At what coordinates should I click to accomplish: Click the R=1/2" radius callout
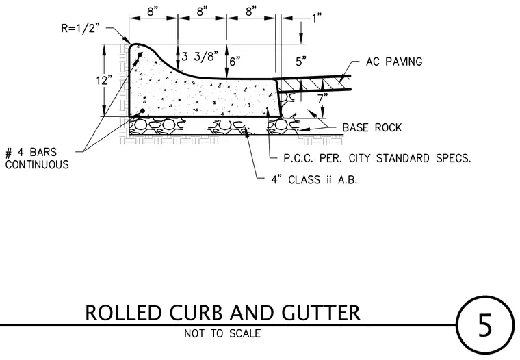click(80, 28)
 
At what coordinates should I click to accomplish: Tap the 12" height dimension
click(104, 81)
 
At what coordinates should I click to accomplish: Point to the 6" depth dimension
click(235, 62)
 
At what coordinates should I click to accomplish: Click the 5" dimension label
click(301, 62)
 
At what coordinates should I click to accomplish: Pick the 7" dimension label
click(323, 99)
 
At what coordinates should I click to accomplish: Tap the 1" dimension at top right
click(317, 18)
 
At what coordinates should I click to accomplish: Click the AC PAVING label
click(394, 62)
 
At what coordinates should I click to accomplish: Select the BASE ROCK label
click(372, 127)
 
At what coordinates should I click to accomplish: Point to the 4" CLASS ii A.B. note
click(314, 180)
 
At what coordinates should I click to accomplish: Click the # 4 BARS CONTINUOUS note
click(37, 159)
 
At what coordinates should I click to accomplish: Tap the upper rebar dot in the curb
click(140, 55)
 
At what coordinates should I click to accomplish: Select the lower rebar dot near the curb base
click(142, 111)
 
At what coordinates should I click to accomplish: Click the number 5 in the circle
click(484, 325)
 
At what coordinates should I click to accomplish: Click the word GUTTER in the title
click(321, 313)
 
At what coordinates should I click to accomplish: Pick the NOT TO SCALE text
click(222, 333)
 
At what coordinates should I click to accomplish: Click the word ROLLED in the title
click(123, 313)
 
